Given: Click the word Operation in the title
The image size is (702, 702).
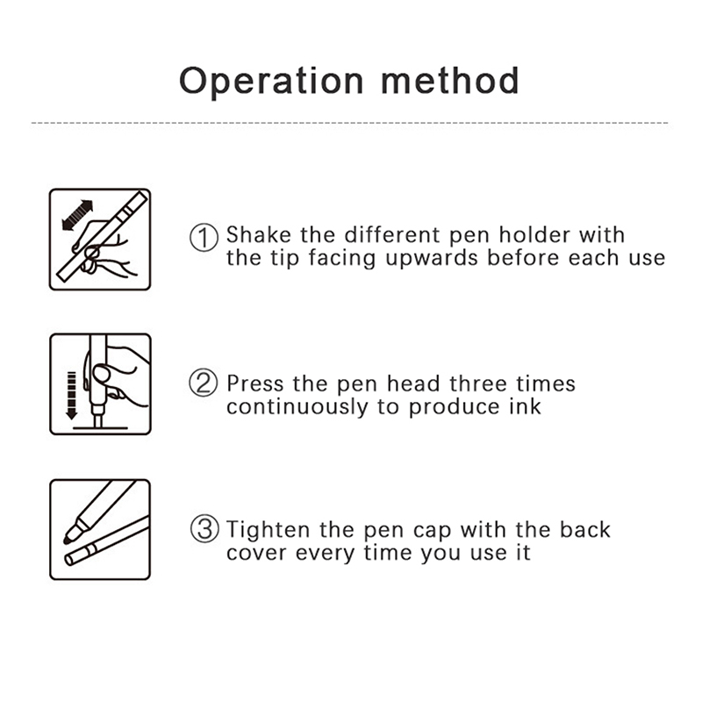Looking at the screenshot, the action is [x=271, y=82].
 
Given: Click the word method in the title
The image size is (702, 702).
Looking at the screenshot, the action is [x=450, y=81].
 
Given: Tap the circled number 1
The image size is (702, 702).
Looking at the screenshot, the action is [x=204, y=237].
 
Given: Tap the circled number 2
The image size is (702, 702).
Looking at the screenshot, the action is [x=204, y=383].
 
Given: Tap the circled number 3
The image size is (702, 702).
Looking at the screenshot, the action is [x=204, y=529].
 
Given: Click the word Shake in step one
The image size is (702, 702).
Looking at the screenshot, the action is [x=258, y=234].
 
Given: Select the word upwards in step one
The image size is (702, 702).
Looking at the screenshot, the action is [x=432, y=259].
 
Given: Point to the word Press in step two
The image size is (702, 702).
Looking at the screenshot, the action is [x=255, y=384].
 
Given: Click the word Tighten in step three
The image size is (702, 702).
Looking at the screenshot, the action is [x=268, y=531].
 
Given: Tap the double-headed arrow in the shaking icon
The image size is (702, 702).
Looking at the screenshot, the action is [x=77, y=215].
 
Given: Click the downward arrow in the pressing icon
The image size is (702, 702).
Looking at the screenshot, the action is [x=72, y=396].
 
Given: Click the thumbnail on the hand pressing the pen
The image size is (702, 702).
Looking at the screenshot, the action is [x=101, y=374].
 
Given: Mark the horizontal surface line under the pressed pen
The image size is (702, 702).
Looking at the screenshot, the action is [x=100, y=428].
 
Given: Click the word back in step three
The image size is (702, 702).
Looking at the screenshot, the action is [x=584, y=530].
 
